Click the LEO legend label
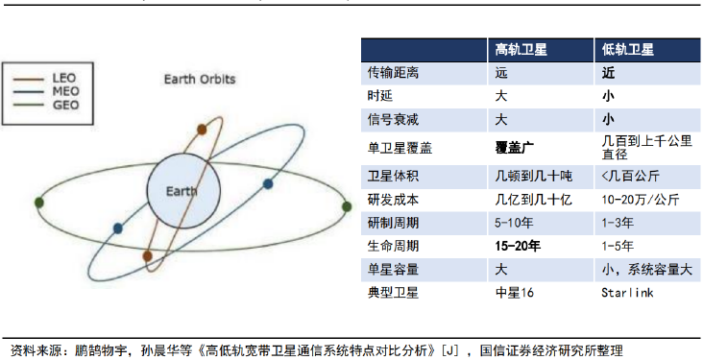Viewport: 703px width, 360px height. tap(64, 78)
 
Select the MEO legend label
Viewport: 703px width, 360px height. tap(65, 91)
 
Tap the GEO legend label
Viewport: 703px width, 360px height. tap(65, 105)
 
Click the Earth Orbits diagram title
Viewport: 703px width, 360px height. tap(200, 80)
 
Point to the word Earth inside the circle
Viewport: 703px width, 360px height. tap(182, 191)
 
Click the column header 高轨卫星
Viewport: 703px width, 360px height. tap(521, 49)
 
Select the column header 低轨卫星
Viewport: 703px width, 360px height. tap(628, 49)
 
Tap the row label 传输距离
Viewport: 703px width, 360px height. tap(393, 73)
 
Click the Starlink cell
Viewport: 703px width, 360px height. tap(627, 293)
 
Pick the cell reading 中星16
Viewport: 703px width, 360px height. tap(514, 293)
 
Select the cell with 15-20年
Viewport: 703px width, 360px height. tap(518, 246)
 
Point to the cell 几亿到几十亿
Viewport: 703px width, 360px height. tap(534, 200)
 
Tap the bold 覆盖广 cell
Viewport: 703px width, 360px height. tap(514, 148)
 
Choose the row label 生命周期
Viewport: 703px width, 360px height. tap(393, 246)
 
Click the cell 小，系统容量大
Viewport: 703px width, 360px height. tap(647, 270)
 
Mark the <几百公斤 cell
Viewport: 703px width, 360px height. tap(630, 177)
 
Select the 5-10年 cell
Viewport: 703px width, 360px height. tap(514, 223)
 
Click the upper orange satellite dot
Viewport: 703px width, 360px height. tap(202, 130)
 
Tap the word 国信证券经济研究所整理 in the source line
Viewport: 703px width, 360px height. tap(551, 350)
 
